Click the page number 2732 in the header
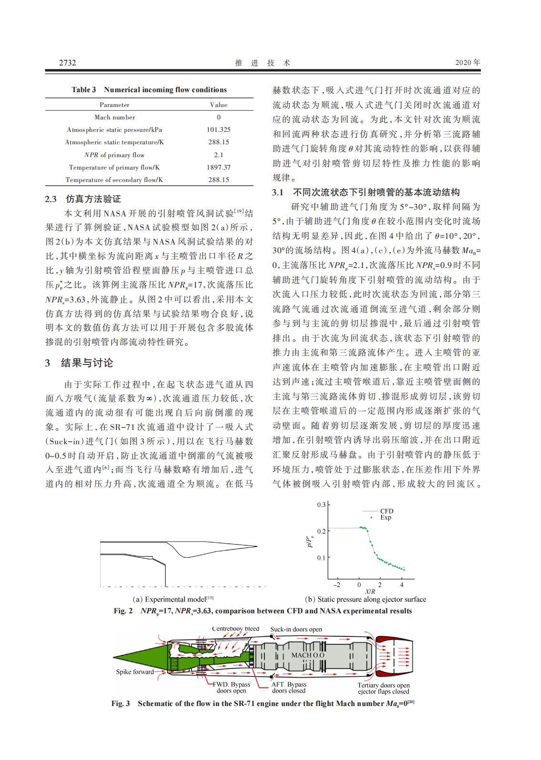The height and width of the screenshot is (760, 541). (x=67, y=63)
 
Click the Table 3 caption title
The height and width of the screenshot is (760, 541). (x=149, y=90)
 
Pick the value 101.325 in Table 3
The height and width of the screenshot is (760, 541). (x=218, y=129)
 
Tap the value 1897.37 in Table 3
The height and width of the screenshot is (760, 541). (x=218, y=167)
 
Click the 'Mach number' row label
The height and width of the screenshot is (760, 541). (x=114, y=117)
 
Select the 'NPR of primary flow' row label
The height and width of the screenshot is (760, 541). (x=114, y=155)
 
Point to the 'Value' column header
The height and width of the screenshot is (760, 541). (x=218, y=105)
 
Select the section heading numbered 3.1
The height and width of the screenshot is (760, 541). (x=365, y=192)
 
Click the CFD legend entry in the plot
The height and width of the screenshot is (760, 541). (x=386, y=511)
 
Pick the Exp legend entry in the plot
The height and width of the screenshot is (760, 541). (x=385, y=518)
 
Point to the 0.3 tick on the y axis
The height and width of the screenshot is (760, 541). (x=321, y=505)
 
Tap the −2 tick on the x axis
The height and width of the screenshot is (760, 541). (x=337, y=585)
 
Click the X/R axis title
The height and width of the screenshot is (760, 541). (x=370, y=591)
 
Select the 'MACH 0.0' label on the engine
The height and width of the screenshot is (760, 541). (x=308, y=655)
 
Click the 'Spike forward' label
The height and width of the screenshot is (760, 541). (x=135, y=672)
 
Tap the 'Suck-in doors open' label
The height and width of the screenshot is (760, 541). (x=296, y=629)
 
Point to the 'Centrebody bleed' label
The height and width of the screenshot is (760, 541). (x=236, y=629)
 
